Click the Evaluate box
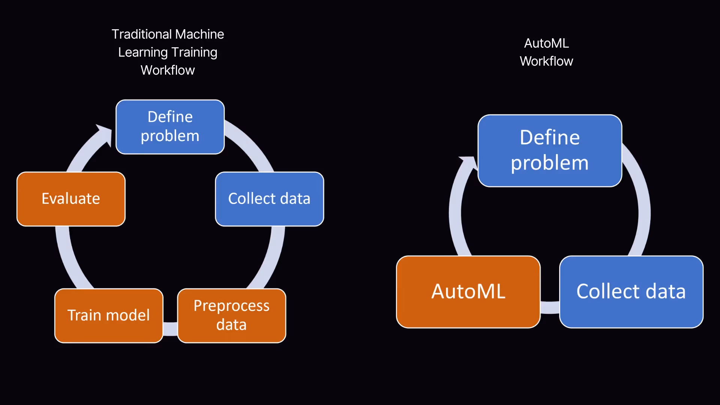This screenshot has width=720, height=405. click(71, 199)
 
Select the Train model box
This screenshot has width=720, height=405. click(109, 315)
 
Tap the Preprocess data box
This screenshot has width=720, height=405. click(232, 315)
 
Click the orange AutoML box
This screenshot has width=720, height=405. click(468, 292)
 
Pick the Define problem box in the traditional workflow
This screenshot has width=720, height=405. click(170, 127)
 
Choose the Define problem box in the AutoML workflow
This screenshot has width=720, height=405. click(550, 150)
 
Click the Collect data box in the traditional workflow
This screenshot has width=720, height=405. click(270, 199)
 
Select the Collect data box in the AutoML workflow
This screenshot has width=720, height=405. click(631, 292)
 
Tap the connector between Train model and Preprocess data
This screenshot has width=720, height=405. click(170, 328)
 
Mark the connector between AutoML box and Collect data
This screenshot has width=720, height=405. click(550, 307)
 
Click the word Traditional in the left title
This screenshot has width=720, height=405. click(142, 34)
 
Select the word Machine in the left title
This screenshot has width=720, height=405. click(199, 34)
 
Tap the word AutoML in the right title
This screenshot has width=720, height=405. click(546, 43)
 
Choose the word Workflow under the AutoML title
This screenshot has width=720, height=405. click(546, 61)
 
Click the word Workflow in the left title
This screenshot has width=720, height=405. click(168, 70)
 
